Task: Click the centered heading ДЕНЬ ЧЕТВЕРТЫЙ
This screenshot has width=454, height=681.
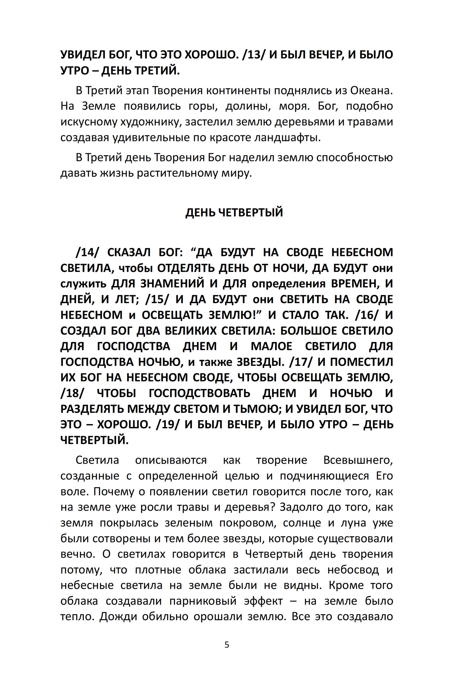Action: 234,213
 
